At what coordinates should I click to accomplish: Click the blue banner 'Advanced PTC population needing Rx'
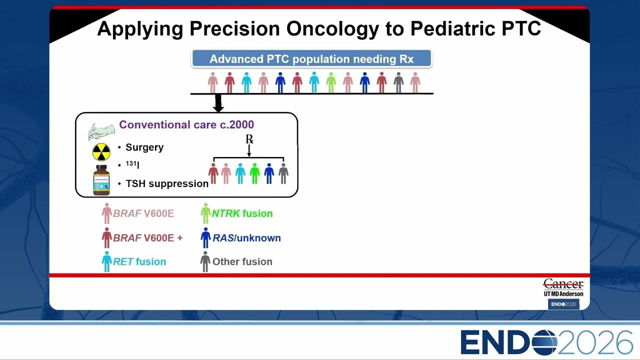311,58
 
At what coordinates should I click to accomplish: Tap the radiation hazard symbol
101,152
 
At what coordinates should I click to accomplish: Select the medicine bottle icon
101,180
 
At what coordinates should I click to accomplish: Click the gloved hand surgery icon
101,131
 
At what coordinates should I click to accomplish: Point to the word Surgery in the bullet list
144,147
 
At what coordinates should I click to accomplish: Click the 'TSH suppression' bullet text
167,183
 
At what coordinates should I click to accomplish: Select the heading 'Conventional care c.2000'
186,124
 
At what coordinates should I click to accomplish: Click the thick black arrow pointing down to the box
218,103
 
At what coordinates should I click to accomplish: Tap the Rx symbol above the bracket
249,139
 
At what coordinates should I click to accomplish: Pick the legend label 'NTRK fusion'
242,213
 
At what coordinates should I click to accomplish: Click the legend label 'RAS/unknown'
246,237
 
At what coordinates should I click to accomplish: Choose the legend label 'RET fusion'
139,261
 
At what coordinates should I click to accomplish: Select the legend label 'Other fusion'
242,261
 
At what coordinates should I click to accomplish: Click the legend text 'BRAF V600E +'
147,237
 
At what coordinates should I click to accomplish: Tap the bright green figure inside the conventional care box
254,173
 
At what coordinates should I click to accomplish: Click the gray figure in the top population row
398,82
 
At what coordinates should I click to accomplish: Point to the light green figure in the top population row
331,82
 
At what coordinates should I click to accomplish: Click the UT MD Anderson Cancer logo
563,288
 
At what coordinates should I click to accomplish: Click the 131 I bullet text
132,164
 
